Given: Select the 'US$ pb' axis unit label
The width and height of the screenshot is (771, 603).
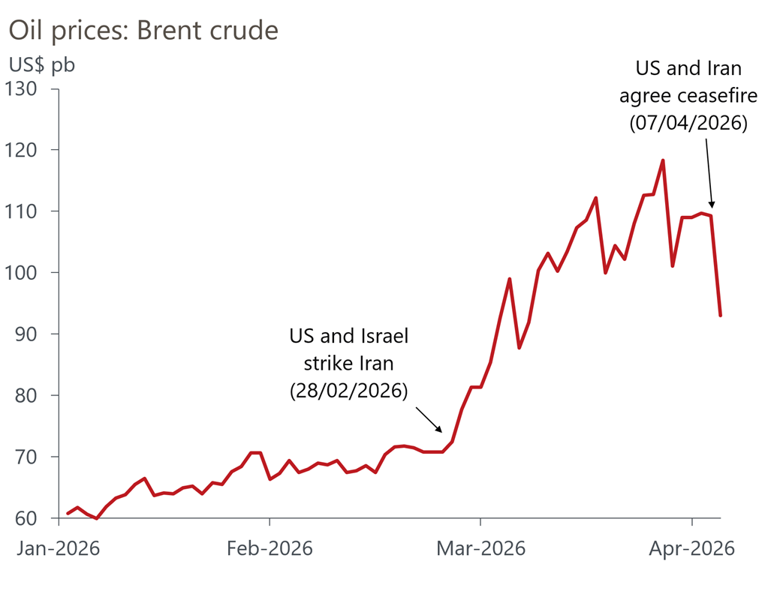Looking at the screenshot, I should click(42, 65).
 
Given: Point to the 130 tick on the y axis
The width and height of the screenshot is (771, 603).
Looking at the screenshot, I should click(31, 89).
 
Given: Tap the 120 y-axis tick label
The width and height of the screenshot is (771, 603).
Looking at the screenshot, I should click(31, 150).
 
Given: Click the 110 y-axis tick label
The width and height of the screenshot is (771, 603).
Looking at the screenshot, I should click(31, 211).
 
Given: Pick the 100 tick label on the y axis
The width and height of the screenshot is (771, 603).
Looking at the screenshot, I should click(31, 273).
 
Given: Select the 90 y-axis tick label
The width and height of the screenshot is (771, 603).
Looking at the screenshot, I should click(35, 334).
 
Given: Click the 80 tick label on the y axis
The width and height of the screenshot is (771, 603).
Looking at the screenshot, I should click(35, 396).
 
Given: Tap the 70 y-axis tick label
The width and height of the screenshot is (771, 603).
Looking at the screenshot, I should click(35, 457).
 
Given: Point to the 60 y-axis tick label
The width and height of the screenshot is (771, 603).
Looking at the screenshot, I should click(35, 518).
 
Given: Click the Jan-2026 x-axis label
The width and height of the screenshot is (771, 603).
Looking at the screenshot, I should click(59, 548).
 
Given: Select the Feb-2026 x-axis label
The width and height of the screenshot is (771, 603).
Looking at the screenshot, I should click(270, 548).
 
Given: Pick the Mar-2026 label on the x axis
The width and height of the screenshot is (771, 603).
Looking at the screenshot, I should click(481, 548).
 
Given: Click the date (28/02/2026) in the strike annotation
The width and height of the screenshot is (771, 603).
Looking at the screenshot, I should click(349, 391).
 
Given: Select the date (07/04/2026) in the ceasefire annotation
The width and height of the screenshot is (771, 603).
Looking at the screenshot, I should click(688, 123).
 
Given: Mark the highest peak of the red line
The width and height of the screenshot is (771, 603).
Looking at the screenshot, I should click(663, 160).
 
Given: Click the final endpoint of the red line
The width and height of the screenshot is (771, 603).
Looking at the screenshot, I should click(720, 315).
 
